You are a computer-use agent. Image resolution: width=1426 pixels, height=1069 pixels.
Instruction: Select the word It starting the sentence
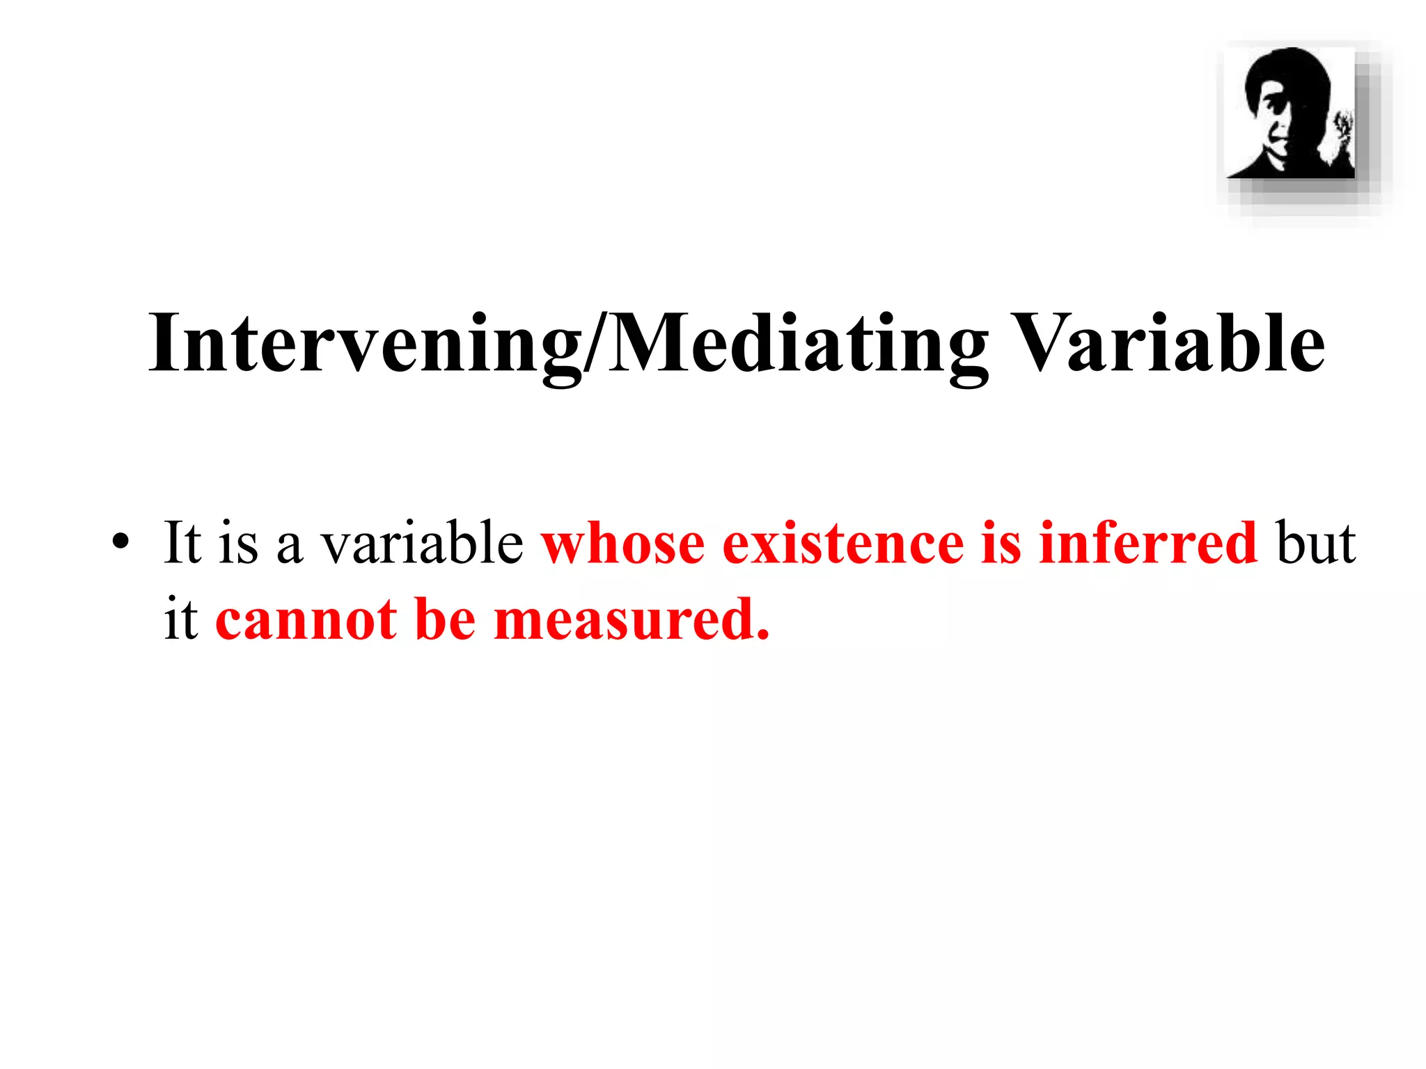point(182,542)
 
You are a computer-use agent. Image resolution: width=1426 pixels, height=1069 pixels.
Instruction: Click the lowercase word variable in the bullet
point(422,542)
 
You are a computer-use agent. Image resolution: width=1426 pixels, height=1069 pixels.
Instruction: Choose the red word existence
point(843,542)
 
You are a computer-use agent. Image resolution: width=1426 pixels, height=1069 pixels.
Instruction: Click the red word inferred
point(1148,542)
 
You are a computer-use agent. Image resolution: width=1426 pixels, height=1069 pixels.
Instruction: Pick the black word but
point(1316,542)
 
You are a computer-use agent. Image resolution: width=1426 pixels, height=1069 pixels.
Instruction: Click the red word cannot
point(306,619)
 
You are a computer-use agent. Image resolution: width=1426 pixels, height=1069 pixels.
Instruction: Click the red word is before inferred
point(1001,542)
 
